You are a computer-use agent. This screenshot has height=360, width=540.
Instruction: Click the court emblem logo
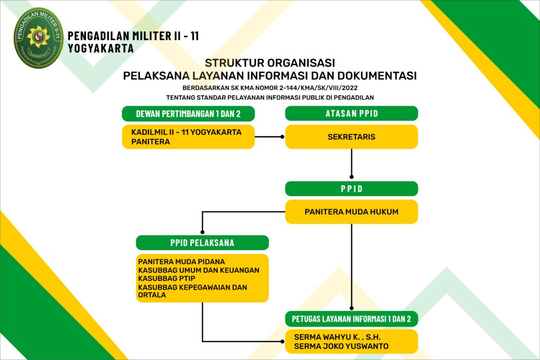(x=38, y=38)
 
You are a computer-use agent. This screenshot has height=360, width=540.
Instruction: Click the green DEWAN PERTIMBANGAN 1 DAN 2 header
(x=188, y=113)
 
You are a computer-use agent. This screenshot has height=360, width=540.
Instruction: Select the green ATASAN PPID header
(x=351, y=113)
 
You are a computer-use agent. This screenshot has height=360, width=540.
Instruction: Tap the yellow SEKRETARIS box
(x=351, y=137)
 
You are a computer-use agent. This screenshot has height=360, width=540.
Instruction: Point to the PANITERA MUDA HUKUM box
(x=351, y=212)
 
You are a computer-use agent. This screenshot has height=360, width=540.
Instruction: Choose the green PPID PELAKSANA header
(x=202, y=242)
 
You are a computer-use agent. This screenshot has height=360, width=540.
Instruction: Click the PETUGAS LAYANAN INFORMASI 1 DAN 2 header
(x=351, y=318)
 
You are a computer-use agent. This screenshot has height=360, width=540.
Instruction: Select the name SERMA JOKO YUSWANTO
(x=341, y=346)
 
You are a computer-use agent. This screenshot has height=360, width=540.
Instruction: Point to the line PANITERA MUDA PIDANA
(x=181, y=261)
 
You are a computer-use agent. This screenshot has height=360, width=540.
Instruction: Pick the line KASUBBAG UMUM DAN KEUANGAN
(x=198, y=270)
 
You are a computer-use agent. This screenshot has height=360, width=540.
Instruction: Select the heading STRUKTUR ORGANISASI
(x=269, y=63)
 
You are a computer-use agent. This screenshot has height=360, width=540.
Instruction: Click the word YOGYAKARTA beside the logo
(x=101, y=48)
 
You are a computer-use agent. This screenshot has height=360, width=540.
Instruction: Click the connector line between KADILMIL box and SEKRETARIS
(x=269, y=137)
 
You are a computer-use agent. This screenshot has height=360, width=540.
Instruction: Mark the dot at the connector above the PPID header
(x=351, y=178)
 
